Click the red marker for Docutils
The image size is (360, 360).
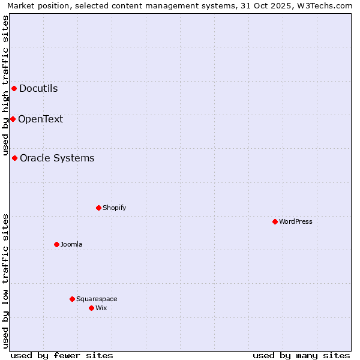point(14,89)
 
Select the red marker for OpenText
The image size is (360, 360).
point(13,119)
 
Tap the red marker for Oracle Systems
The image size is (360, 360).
point(14,158)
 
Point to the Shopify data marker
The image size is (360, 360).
point(98,208)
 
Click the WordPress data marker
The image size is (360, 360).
point(275,221)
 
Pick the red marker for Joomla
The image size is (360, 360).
point(56,244)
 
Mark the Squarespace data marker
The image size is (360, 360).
point(72,299)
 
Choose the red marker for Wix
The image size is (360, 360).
point(91,308)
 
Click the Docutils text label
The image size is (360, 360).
point(38,89)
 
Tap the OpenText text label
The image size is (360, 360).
point(40,119)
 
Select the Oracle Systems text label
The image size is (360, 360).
point(57,158)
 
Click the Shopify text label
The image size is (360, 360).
point(114,208)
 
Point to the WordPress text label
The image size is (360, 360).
point(296,221)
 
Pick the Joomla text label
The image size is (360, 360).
point(71,244)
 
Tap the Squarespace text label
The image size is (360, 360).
point(97,299)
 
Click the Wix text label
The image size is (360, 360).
point(101,308)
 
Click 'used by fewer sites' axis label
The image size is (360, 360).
point(62,355)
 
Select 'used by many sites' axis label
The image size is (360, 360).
point(301,355)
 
